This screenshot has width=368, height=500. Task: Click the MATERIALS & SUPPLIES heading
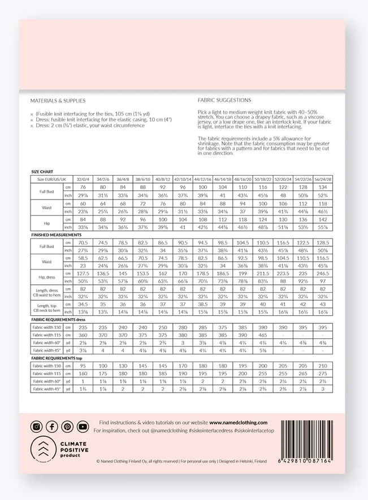[58, 101]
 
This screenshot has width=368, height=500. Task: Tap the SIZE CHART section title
[42, 171]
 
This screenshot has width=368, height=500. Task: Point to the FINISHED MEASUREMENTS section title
[57, 234]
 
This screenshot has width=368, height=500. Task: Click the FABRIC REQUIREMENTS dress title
[63, 319]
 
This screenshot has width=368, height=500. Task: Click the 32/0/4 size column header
[83, 179]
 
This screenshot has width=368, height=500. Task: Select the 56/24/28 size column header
[323, 179]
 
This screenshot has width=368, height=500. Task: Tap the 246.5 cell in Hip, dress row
[323, 273]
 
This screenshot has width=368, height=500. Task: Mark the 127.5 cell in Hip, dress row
[83, 273]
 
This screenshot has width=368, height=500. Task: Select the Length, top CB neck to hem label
[46, 308]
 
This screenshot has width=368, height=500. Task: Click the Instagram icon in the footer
[37, 427]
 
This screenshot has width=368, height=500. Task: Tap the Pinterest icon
[67, 427]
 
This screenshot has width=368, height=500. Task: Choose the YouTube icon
[83, 427]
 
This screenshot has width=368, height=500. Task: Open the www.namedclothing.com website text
[238, 422]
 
